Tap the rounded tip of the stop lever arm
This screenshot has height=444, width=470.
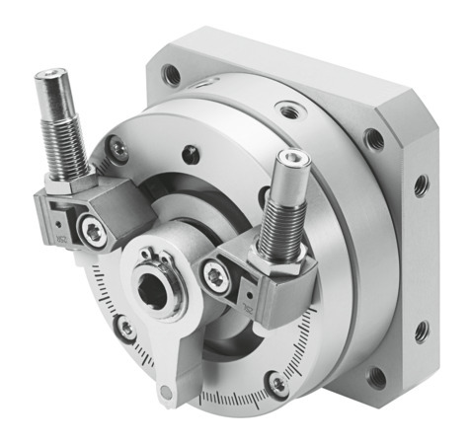click(166, 394)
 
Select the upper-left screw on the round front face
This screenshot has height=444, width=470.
click(118, 148)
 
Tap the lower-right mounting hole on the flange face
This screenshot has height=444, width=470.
click(376, 374)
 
